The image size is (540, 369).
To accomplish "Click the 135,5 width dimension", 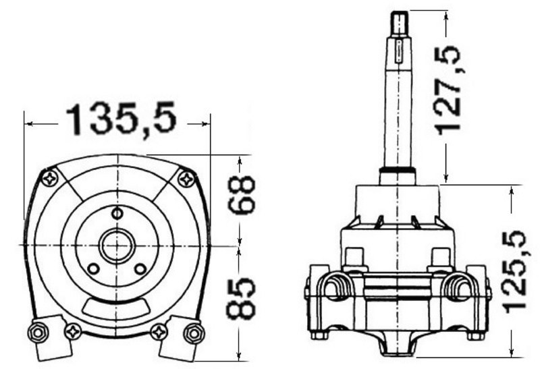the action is [x=122, y=118].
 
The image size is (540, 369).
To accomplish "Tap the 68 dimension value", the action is [x=241, y=195].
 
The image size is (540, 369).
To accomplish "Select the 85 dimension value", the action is [x=241, y=299].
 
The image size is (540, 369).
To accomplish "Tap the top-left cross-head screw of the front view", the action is [x=50, y=179].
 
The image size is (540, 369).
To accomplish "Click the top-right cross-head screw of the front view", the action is [x=187, y=179].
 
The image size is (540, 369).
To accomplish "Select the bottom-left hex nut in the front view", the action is [x=38, y=333].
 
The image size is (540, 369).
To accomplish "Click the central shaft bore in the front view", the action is [x=117, y=245].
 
